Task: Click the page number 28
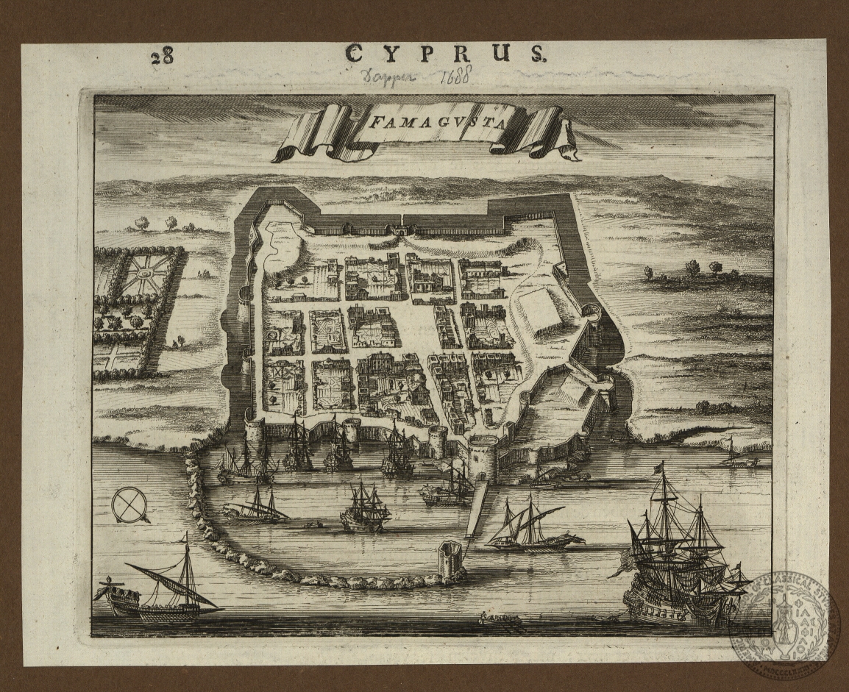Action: point(162,57)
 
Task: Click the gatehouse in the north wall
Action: point(400,228)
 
